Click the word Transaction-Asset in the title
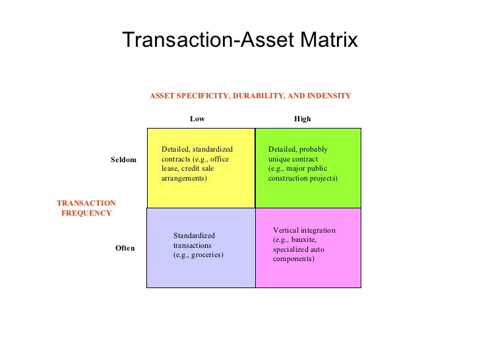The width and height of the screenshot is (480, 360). (x=200, y=40)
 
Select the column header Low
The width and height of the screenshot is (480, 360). (x=197, y=119)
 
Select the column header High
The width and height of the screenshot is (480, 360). (x=302, y=119)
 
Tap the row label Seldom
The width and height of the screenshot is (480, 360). (x=123, y=160)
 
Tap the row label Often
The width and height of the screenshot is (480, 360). (x=125, y=249)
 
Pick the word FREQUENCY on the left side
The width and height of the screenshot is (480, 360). (x=86, y=213)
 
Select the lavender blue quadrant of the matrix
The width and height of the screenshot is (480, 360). (x=200, y=270)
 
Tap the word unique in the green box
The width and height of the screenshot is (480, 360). (x=280, y=159)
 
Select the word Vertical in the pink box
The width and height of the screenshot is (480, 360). (x=286, y=230)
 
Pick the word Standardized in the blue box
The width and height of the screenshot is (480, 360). (x=194, y=235)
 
